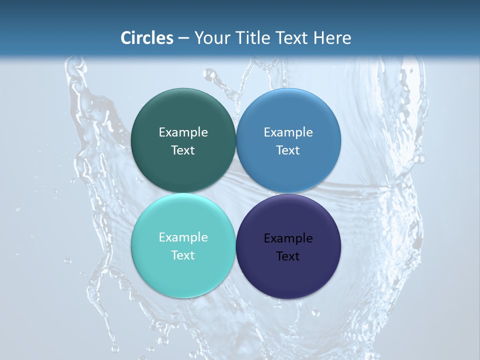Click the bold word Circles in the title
coord(146,38)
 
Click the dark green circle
coord(183,115)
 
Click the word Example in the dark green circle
coord(183,132)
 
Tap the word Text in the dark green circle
coord(183,150)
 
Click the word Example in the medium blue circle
coord(288,132)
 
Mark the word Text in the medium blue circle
coord(288,150)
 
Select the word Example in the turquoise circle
coord(183,237)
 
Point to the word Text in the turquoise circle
coord(183,255)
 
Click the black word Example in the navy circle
coord(288,238)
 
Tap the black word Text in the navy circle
coord(288,256)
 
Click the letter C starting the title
coord(126,38)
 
